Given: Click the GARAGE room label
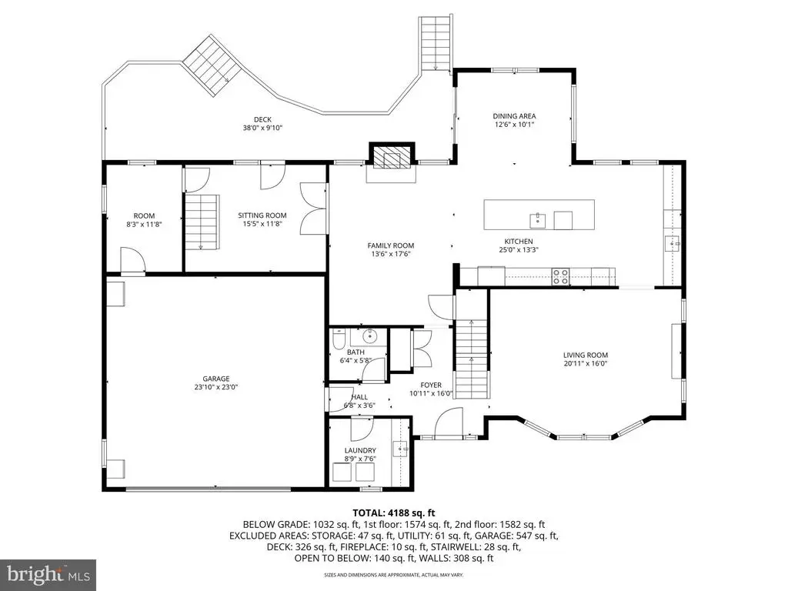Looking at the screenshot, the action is tap(216, 379).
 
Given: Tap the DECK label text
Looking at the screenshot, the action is tap(262, 119).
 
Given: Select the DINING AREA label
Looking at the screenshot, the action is tap(514, 116).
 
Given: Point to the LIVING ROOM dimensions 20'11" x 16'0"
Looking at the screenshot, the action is tap(586, 363).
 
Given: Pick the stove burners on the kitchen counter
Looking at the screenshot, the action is tap(560, 276).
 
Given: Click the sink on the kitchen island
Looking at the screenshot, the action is tap(537, 220).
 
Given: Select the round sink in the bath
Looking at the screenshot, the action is tap(370, 334).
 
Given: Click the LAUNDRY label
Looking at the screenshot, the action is tap(360, 451).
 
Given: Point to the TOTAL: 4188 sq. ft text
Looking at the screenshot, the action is tap(393, 513).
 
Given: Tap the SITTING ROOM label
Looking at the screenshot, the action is tap(262, 215).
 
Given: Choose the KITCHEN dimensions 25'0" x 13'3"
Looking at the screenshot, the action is tap(519, 250).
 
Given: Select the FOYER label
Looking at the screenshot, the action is tap(431, 386).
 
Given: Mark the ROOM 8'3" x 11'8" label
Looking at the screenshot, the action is tap(144, 220).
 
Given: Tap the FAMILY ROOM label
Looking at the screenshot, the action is tap(390, 245).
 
